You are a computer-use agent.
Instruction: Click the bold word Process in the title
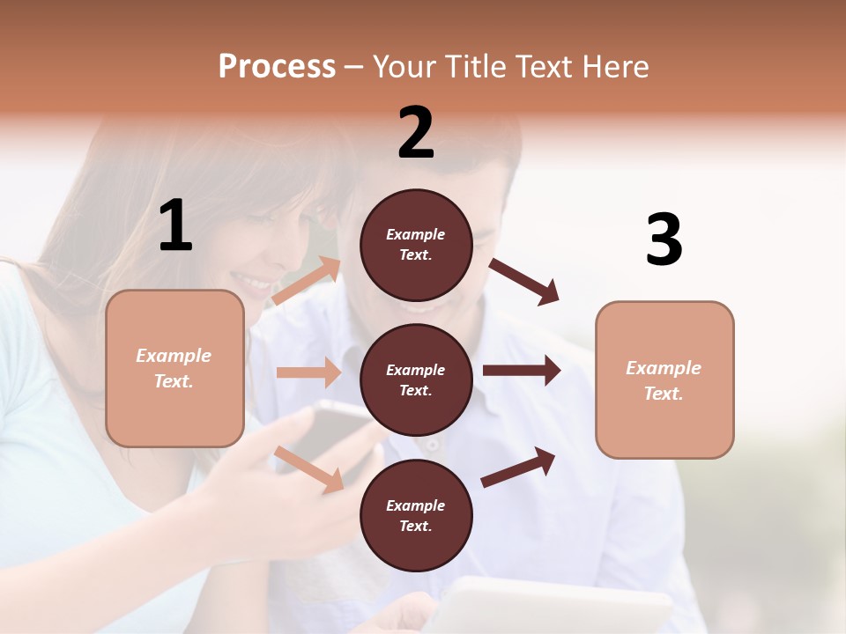point(277,66)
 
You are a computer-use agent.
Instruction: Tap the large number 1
point(175,225)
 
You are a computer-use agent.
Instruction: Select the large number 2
point(416,133)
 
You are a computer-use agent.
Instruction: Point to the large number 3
point(664,240)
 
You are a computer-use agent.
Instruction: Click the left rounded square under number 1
point(174,368)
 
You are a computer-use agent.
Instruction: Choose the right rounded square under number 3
point(664,380)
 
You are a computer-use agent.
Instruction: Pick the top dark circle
point(416,245)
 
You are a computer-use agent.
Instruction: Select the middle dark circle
point(416,380)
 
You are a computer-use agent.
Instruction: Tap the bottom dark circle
point(416,515)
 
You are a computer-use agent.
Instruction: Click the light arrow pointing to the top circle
point(307,281)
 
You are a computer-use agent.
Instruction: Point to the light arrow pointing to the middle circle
point(308,372)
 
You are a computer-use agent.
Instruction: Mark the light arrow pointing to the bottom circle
point(309,468)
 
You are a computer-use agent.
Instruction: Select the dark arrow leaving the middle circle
point(521,371)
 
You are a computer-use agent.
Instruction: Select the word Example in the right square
point(664,368)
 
